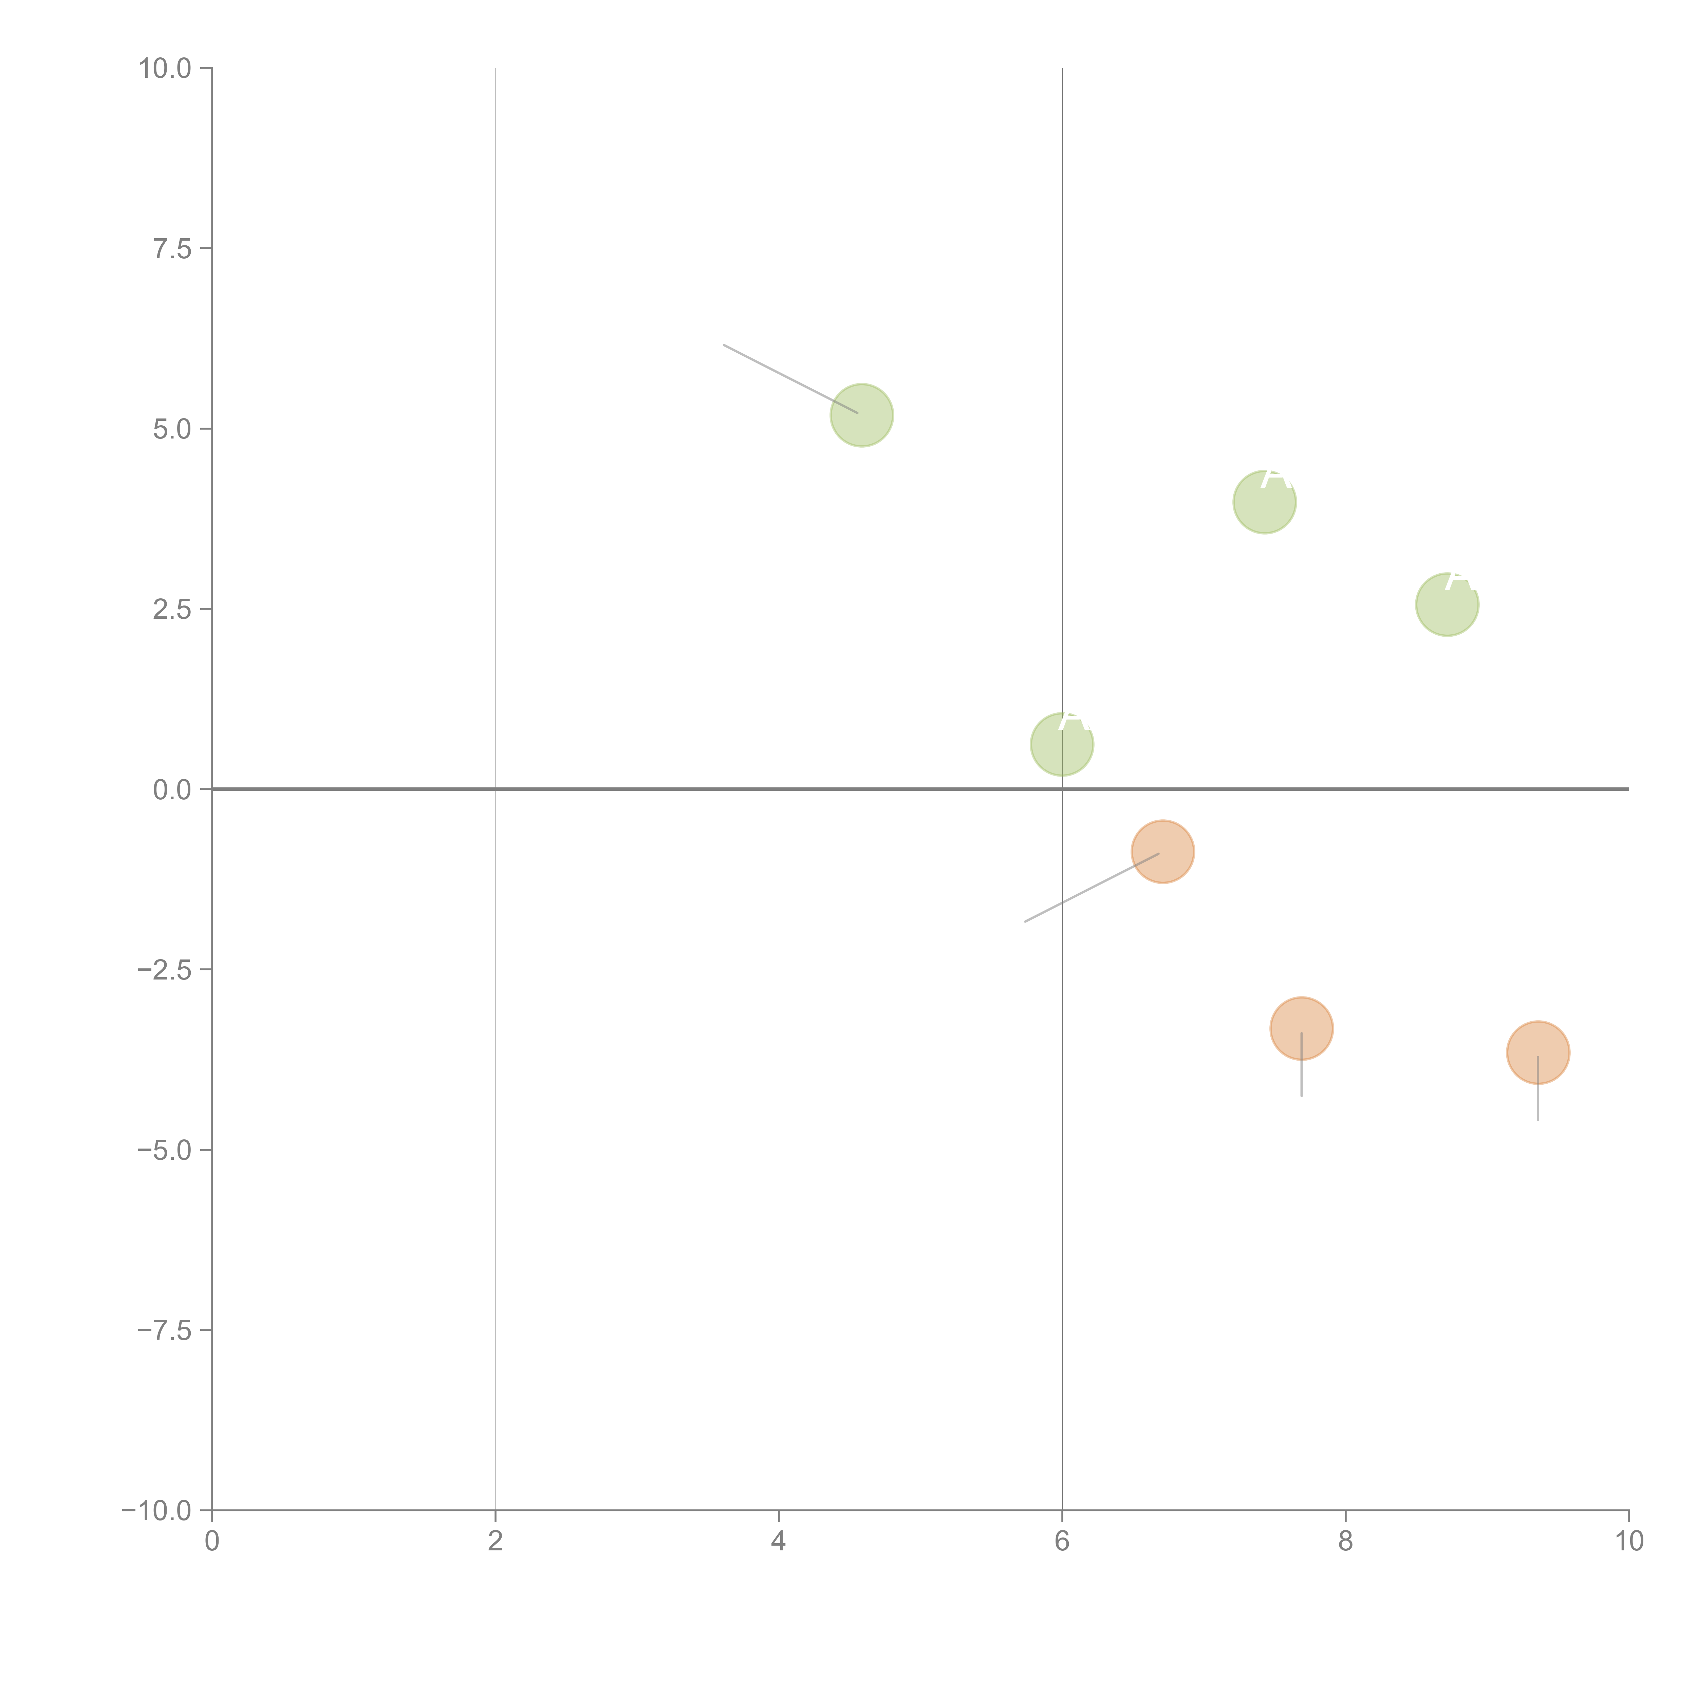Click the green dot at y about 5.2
point(862,415)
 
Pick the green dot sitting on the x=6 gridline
point(1062,745)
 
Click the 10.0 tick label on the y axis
point(165,69)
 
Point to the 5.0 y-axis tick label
point(172,430)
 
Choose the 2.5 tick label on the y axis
point(172,610)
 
